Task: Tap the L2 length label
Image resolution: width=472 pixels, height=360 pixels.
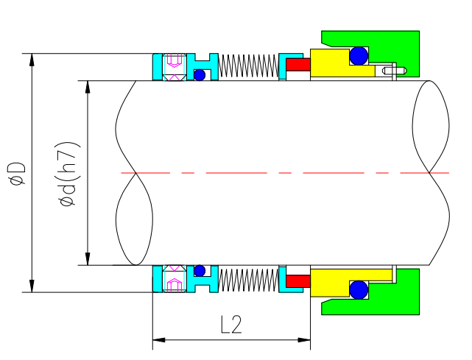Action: [230, 325]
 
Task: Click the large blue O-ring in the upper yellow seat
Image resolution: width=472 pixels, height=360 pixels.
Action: [359, 56]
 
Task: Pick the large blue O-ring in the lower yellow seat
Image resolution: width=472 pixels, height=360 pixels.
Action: [359, 290]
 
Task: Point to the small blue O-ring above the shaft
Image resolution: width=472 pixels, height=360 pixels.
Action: [200, 74]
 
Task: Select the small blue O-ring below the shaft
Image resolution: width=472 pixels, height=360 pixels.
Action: [200, 269]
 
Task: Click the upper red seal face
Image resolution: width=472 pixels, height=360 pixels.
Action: [297, 65]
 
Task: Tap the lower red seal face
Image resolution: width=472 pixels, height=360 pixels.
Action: [297, 280]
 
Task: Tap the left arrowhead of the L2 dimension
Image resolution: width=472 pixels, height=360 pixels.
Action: [157, 340]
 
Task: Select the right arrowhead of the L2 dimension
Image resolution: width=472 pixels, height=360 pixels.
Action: [306, 340]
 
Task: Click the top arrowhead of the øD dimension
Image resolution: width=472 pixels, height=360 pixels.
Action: [32, 58]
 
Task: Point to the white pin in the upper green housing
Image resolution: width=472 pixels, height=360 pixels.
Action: [391, 71]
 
